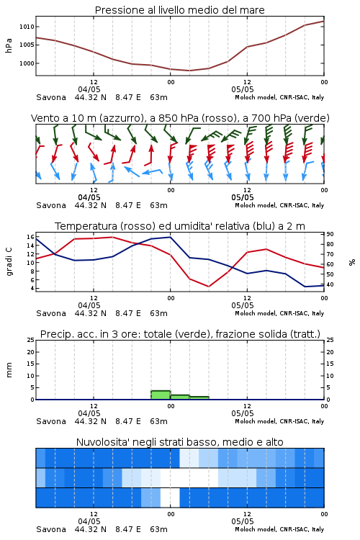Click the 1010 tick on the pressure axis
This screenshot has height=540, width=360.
click(x=27, y=27)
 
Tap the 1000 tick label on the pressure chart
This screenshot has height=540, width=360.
click(x=27, y=63)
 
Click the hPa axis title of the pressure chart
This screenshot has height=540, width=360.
click(x=9, y=45)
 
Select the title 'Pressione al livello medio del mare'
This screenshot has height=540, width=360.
click(x=180, y=10)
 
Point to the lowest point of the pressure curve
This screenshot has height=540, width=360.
click(x=189, y=71)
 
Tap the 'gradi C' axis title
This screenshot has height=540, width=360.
click(x=9, y=261)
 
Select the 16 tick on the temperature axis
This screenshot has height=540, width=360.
click(x=30, y=237)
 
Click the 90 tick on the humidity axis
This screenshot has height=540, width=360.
click(x=330, y=234)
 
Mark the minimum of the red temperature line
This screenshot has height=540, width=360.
click(x=208, y=287)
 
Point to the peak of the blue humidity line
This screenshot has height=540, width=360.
click(x=170, y=237)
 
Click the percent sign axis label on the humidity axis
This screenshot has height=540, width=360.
click(x=352, y=262)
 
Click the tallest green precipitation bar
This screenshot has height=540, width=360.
click(x=161, y=395)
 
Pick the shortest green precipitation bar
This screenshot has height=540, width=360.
click(x=199, y=397)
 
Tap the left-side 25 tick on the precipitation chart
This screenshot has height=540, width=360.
click(x=30, y=340)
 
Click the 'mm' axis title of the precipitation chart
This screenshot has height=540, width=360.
click(x=9, y=370)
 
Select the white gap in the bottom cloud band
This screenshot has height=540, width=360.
click(x=170, y=498)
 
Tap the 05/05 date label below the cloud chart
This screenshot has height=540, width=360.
click(x=243, y=521)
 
